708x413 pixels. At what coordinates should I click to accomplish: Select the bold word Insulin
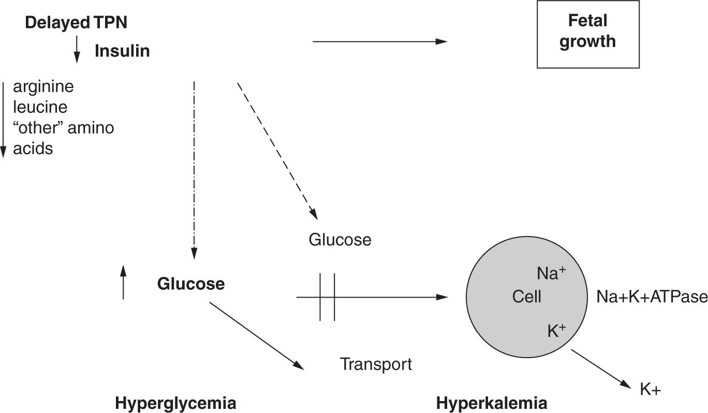122,51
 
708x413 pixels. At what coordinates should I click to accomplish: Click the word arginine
43,86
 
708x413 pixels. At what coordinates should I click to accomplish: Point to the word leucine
40,107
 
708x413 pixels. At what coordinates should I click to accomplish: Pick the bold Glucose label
191,284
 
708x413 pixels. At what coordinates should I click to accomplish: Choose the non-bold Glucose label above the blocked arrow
340,240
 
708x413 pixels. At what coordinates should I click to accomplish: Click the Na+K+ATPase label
652,297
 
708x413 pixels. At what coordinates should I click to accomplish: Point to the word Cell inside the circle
527,297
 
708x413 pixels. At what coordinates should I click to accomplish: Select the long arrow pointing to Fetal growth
380,41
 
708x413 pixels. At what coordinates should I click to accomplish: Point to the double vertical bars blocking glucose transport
327,297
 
